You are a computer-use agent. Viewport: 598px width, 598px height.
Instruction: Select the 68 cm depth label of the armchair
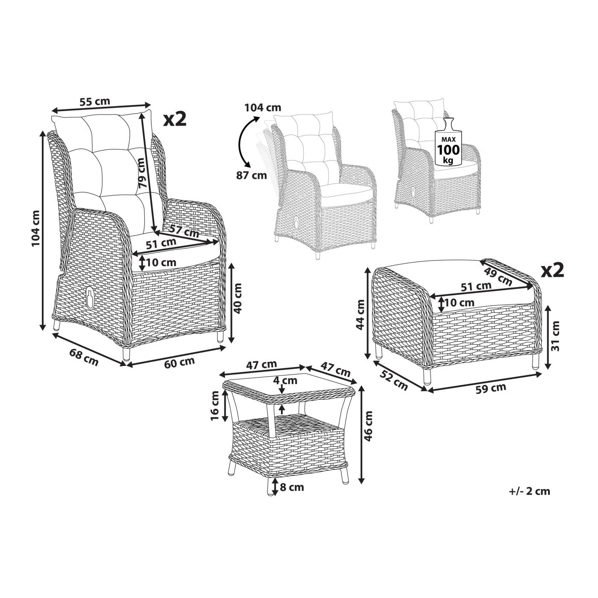(84, 357)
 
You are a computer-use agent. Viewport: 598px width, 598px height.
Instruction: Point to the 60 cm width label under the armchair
(179, 363)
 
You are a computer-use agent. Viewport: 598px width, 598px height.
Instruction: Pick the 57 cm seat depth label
(184, 230)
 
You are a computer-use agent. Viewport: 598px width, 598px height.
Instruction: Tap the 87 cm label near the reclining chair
(251, 175)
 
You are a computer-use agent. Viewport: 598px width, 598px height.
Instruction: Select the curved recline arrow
(243, 141)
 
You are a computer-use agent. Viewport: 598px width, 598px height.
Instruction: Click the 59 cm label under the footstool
(491, 388)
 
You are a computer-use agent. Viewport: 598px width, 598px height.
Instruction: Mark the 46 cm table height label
(368, 426)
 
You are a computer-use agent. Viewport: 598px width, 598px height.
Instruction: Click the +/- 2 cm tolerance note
(530, 500)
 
